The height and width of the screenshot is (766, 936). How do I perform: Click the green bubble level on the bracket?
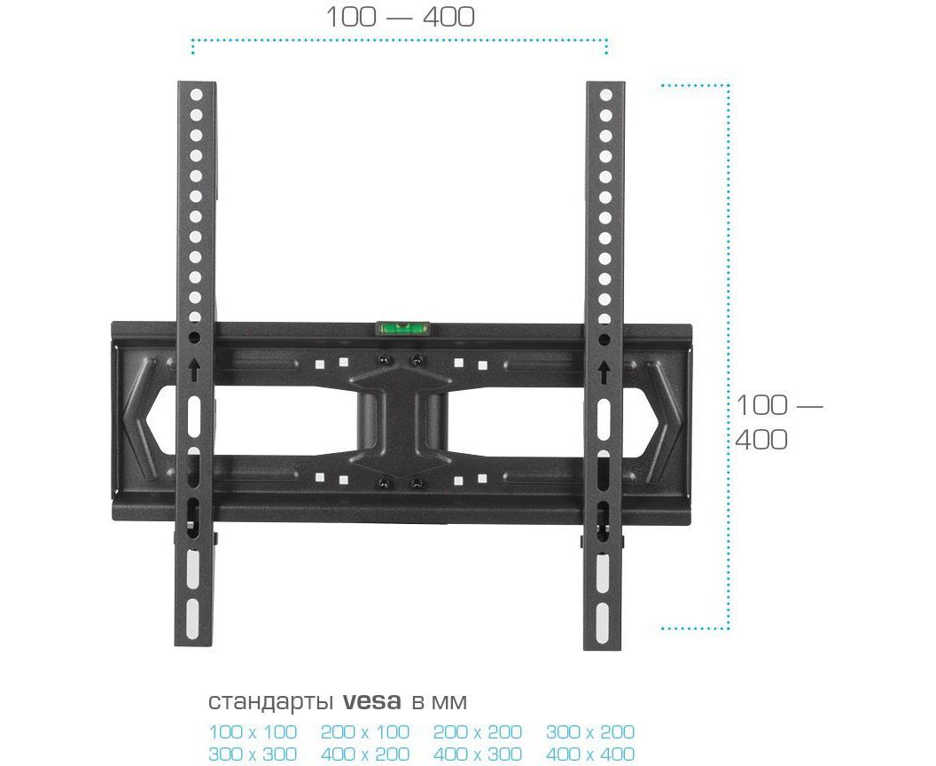(405, 328)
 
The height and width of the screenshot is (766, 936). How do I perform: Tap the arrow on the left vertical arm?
(194, 370)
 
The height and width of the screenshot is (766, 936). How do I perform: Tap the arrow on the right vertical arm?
(604, 371)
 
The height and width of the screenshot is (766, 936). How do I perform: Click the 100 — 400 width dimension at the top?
(400, 17)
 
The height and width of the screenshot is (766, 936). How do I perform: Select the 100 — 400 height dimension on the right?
(778, 422)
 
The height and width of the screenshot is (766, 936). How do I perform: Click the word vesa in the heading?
(372, 701)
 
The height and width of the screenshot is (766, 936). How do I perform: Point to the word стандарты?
(270, 702)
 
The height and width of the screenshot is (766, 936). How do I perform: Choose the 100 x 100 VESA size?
(253, 731)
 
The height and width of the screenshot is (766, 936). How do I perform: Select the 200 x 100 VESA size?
(364, 731)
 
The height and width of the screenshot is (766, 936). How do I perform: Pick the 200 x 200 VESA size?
(478, 731)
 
